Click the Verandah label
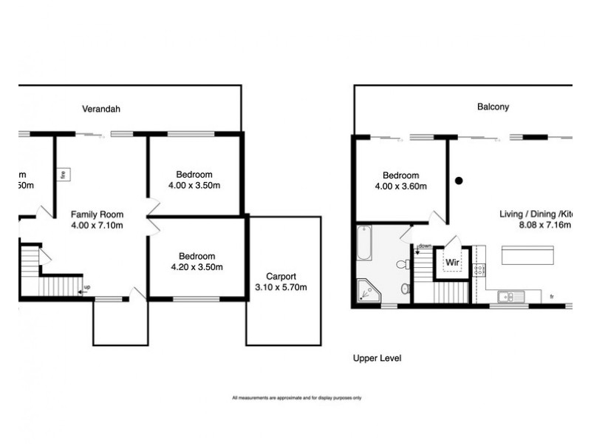click(x=100, y=109)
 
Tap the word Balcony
click(x=493, y=107)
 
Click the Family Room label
click(x=97, y=214)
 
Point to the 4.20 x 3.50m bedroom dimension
click(x=196, y=267)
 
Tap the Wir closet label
click(x=452, y=262)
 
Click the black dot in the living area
click(x=458, y=180)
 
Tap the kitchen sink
click(x=510, y=297)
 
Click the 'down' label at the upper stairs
click(x=425, y=246)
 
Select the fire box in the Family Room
click(x=64, y=175)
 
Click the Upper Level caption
click(x=377, y=358)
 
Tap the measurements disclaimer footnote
click(x=296, y=398)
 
